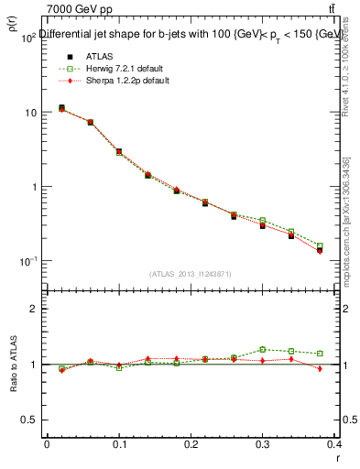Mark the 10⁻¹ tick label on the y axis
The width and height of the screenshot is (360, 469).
[x=26, y=262]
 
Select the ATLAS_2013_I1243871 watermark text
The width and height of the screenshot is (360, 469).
[x=190, y=274]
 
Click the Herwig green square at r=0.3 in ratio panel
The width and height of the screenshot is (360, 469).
[x=263, y=349]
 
